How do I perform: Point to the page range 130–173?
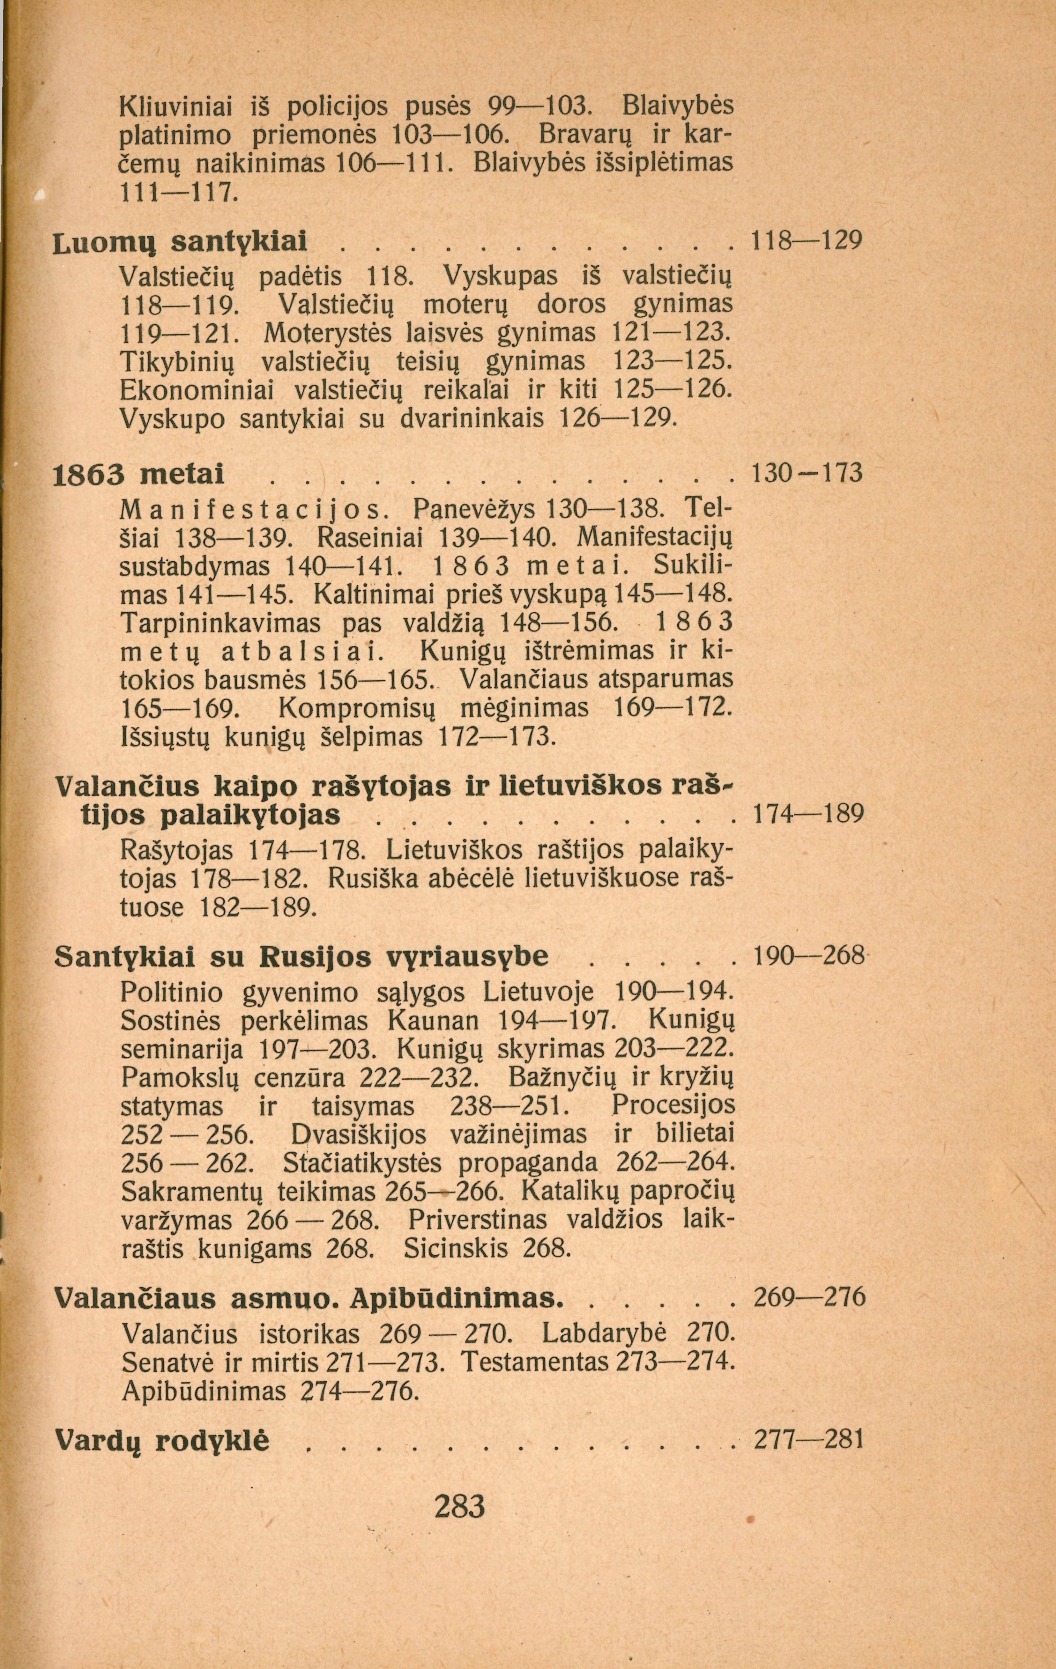(x=807, y=474)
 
